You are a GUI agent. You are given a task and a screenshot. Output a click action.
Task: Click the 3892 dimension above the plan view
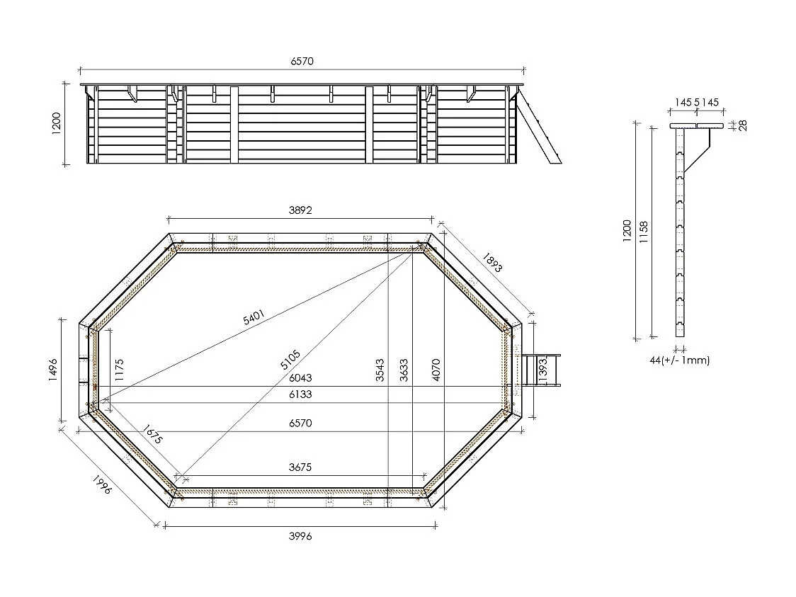(300, 210)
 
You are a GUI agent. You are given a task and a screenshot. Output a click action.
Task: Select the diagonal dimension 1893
(491, 263)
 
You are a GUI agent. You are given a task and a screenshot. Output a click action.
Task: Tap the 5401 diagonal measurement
(255, 318)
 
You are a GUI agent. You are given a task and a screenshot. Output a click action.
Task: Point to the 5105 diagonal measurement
(290, 360)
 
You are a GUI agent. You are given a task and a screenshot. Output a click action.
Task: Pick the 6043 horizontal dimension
(300, 379)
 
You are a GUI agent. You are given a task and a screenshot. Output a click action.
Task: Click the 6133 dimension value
(300, 394)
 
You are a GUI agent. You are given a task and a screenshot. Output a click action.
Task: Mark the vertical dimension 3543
(380, 370)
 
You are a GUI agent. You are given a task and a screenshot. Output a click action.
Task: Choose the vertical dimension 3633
(404, 370)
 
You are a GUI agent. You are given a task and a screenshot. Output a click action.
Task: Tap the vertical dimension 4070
(436, 370)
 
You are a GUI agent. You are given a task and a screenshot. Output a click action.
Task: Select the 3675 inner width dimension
(300, 467)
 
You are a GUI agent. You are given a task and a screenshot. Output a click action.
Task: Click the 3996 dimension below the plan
(300, 536)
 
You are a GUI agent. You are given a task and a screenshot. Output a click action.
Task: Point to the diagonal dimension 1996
(103, 485)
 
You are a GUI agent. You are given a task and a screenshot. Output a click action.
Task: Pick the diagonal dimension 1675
(152, 433)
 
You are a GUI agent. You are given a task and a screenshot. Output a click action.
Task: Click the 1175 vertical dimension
(119, 370)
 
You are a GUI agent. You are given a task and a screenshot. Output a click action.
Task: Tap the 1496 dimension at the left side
(52, 370)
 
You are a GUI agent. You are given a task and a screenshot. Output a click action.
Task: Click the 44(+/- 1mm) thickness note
(679, 360)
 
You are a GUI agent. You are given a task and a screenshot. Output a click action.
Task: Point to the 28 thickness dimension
(743, 125)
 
